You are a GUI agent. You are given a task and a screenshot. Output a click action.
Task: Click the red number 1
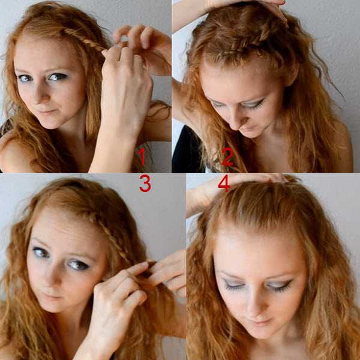[142, 157]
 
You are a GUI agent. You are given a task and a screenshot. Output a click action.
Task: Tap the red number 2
[227, 157]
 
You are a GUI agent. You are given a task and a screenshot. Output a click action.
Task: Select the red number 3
[145, 183]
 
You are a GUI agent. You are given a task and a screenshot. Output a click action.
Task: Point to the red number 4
[224, 183]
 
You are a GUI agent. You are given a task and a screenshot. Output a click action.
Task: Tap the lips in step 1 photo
[47, 112]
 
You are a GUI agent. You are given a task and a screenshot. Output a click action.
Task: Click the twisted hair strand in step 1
[87, 40]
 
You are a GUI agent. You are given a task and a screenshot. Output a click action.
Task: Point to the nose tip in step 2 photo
[236, 126]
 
